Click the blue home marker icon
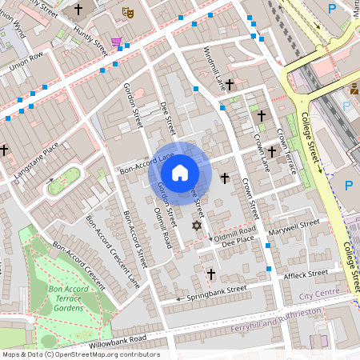pyautogui.click(x=180, y=171)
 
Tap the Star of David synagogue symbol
pyautogui.click(x=197, y=226)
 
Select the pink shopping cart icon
pyautogui.click(x=117, y=42)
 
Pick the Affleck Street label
pyautogui.click(x=306, y=274)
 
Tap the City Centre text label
pyautogui.click(x=319, y=295)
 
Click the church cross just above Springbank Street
pyautogui.click(x=211, y=274)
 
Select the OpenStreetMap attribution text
pyautogui.click(x=81, y=354)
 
